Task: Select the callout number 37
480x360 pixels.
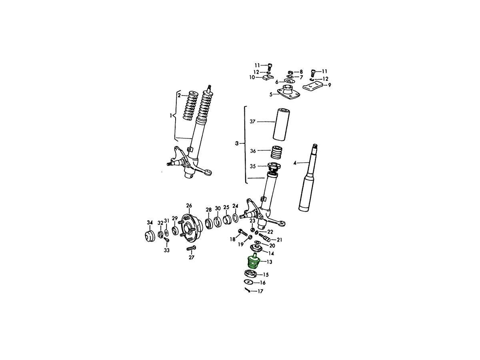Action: point(252,122)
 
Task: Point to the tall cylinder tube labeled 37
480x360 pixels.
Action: point(282,124)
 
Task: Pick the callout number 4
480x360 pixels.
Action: point(295,163)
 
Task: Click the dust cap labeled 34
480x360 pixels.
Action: point(150,236)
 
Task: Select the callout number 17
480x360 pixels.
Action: point(260,291)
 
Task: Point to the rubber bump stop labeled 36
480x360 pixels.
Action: point(277,152)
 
